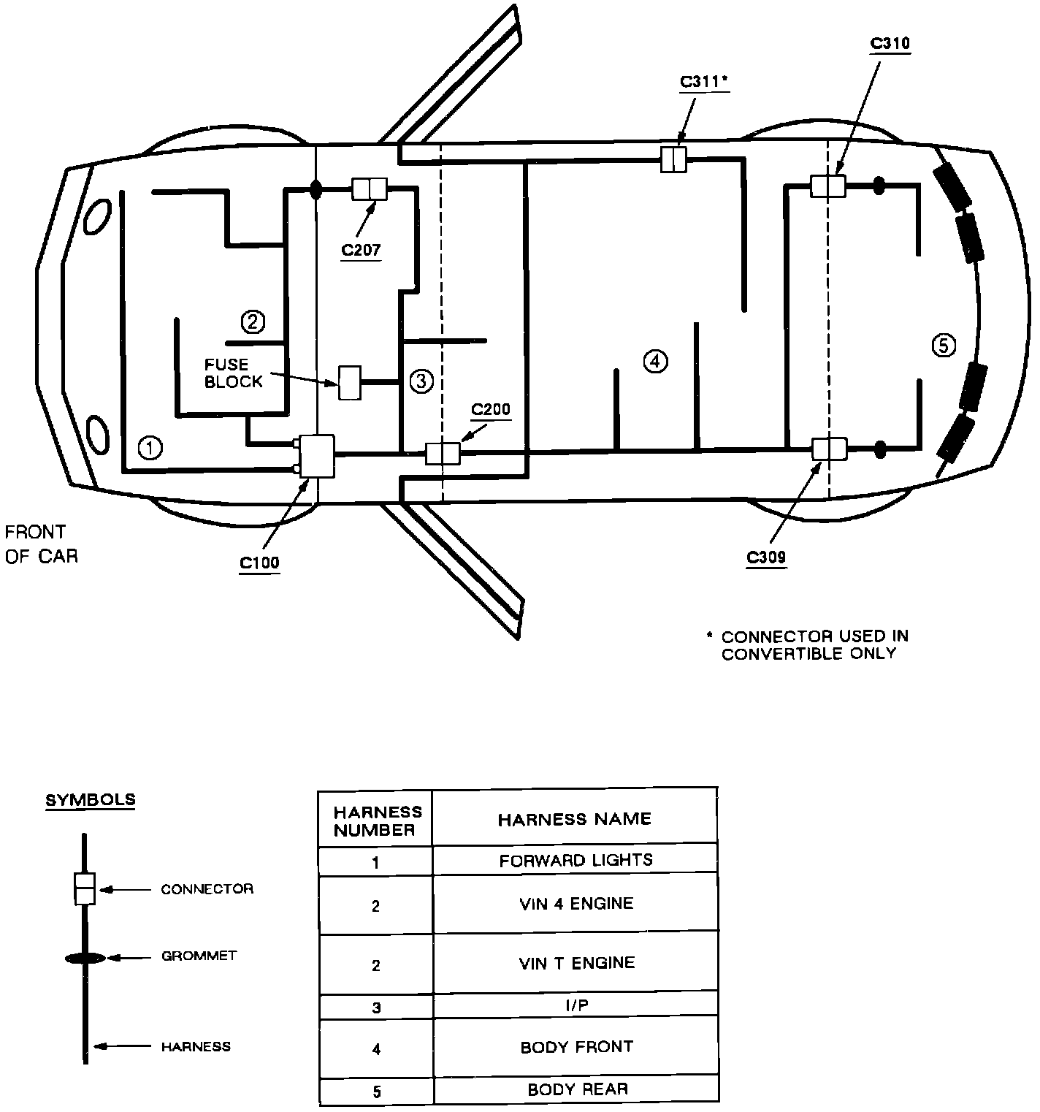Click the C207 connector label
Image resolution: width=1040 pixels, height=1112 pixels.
point(361,250)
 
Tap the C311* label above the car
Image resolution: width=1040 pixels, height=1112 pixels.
point(705,82)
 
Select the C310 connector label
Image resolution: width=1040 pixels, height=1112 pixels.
point(890,43)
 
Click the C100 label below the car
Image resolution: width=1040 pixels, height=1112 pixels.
point(259,563)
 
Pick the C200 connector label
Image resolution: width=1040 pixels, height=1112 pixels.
point(491,409)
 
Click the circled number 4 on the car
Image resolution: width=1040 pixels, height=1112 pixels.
point(655,361)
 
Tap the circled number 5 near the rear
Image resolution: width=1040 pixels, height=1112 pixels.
point(944,345)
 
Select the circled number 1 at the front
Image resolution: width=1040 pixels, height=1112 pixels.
point(150,447)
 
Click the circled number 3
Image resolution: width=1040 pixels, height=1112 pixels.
point(421,381)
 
